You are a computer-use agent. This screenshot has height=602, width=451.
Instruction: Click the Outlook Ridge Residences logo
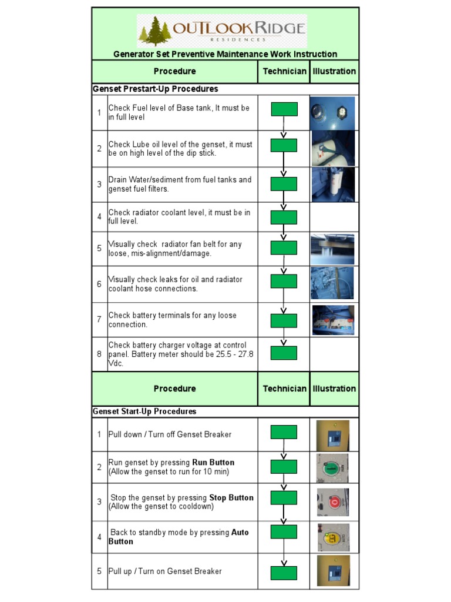click(222, 32)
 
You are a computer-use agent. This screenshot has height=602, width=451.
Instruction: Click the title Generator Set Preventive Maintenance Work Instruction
click(225, 54)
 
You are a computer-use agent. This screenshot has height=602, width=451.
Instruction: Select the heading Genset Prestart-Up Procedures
click(156, 89)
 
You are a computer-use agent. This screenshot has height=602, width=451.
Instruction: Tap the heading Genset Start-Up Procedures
click(145, 412)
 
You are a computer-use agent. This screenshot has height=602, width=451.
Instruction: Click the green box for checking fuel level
click(284, 109)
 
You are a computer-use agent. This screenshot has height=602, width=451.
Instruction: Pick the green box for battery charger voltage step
click(284, 353)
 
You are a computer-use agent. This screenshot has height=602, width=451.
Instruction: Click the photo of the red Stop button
click(332, 502)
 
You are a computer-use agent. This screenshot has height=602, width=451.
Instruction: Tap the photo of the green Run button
click(332, 467)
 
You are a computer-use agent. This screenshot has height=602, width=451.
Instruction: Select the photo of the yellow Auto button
click(332, 537)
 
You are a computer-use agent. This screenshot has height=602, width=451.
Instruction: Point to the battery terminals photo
click(333, 320)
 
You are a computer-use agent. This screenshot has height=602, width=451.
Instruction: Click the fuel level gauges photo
click(333, 113)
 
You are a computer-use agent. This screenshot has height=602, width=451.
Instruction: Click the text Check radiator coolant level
click(179, 212)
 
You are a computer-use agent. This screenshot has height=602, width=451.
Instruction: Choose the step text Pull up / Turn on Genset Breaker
click(165, 571)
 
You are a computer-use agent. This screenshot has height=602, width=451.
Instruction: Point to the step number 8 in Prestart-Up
click(99, 354)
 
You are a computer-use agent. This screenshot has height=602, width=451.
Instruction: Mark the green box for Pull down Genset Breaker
click(284, 432)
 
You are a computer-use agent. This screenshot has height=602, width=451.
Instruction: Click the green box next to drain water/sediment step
click(284, 184)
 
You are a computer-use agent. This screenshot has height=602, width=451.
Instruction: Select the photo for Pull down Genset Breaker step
click(332, 435)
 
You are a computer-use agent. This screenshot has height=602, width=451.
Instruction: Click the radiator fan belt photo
click(333, 249)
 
